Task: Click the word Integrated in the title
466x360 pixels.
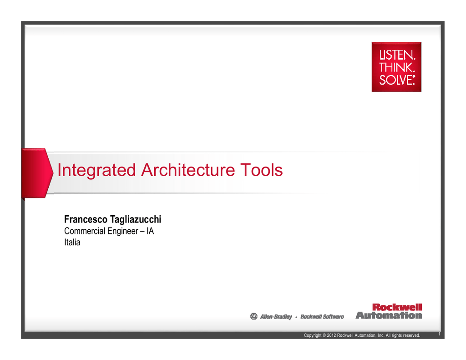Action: click(96, 171)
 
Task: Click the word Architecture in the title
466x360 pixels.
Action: click(188, 170)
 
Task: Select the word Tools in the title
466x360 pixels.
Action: click(262, 170)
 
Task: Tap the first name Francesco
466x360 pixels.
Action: click(86, 219)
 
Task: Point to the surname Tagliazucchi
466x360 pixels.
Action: click(136, 220)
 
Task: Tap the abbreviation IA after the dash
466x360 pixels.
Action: click(150, 231)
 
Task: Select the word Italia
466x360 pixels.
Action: click(72, 242)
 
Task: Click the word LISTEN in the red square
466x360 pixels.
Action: click(397, 55)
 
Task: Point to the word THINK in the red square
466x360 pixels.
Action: click(397, 67)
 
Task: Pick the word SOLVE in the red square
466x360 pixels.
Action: click(396, 80)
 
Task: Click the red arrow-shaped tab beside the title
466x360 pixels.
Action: click(37, 173)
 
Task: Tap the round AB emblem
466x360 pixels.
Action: click(254, 316)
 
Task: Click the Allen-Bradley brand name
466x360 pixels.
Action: click(276, 317)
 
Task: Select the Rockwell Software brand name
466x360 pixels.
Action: click(322, 317)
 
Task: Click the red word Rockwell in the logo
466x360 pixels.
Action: click(397, 307)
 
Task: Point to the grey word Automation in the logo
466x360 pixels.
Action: click(389, 315)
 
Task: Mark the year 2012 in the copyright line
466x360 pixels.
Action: click(331, 335)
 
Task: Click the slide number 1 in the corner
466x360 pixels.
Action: click(439, 334)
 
